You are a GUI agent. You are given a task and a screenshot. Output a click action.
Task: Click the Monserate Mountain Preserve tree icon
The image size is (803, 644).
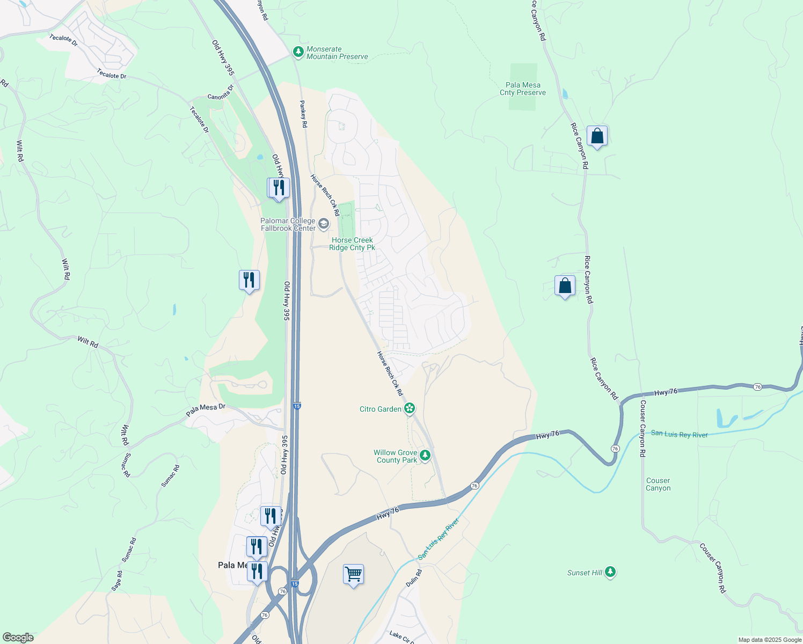coord(298,52)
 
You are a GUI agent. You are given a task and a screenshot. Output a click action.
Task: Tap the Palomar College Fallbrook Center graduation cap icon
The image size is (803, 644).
coord(324,224)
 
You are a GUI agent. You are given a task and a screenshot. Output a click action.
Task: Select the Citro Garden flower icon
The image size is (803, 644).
coord(410,409)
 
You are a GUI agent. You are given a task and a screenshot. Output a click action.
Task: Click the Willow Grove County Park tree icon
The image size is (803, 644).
coord(425,456)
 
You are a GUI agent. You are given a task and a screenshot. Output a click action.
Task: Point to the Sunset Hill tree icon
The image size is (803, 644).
coord(610,573)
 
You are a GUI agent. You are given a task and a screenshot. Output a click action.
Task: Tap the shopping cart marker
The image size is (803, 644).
coord(353,575)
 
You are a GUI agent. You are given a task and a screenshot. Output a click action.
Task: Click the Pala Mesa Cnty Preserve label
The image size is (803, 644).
coord(522,89)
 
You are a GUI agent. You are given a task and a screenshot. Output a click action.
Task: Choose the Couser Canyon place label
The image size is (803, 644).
coord(658,484)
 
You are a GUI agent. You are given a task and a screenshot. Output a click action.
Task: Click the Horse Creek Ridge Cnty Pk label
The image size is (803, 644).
coord(352,244)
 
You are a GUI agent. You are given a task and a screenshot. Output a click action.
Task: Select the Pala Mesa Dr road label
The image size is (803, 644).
coord(206,410)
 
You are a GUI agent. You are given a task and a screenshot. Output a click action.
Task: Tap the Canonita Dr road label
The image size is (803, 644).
coord(221,92)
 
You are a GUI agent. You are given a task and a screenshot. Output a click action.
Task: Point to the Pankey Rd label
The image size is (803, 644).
coord(304,114)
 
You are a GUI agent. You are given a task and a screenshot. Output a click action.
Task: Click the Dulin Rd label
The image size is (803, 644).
coord(414,577)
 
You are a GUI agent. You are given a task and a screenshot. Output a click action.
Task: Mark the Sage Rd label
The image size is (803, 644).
coord(116,581)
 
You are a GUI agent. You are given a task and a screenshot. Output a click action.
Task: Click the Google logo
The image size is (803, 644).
coord(18,638)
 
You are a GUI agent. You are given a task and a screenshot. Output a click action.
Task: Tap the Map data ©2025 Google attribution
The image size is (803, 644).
coord(769,640)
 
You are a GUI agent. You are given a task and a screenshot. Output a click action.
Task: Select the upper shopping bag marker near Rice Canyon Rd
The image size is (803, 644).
coord(597,136)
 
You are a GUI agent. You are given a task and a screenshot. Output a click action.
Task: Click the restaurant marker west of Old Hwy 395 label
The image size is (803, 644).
coord(249,280)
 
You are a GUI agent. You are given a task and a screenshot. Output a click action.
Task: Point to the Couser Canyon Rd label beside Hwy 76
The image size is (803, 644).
coord(643,428)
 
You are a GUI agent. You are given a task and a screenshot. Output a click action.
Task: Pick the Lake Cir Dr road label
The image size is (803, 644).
coord(401,637)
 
